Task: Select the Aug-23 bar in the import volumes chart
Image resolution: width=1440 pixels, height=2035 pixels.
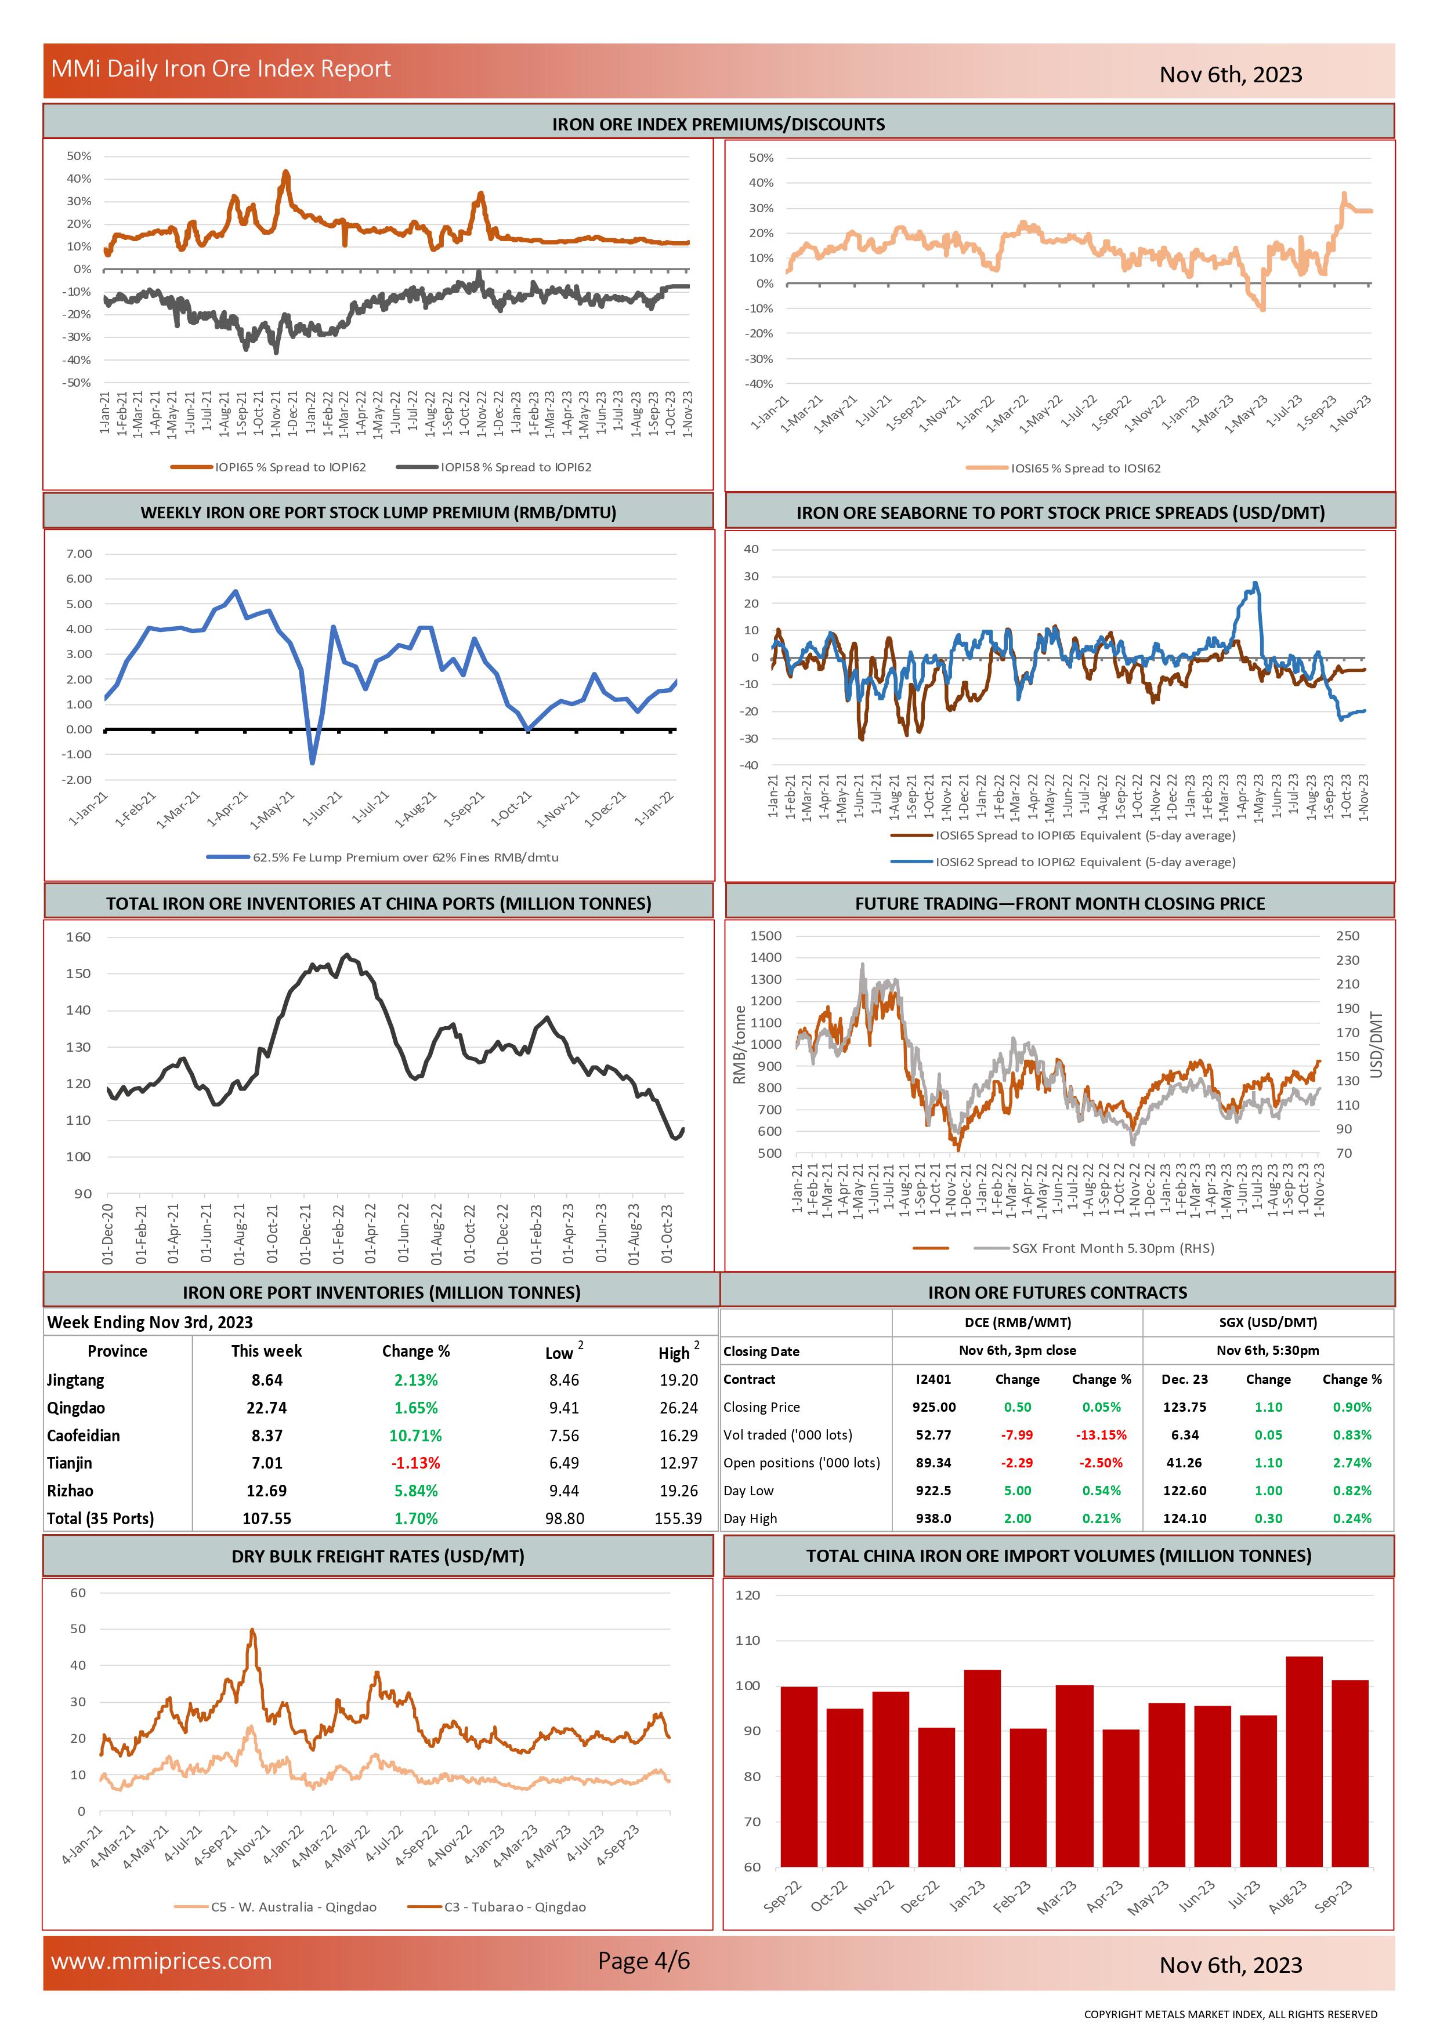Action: pos(1304,1772)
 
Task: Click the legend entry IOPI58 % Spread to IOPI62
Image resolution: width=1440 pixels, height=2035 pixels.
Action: pos(515,467)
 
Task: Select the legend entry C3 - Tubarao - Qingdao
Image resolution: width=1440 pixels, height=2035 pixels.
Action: pos(514,1907)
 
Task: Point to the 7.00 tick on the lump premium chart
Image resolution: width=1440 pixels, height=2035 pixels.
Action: pos(79,554)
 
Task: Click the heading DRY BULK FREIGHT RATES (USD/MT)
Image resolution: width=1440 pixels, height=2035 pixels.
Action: pos(378,1556)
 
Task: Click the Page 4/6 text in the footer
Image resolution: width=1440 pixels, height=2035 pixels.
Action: pos(644,1961)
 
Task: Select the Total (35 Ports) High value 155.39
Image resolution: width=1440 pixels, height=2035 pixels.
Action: pos(678,1518)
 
